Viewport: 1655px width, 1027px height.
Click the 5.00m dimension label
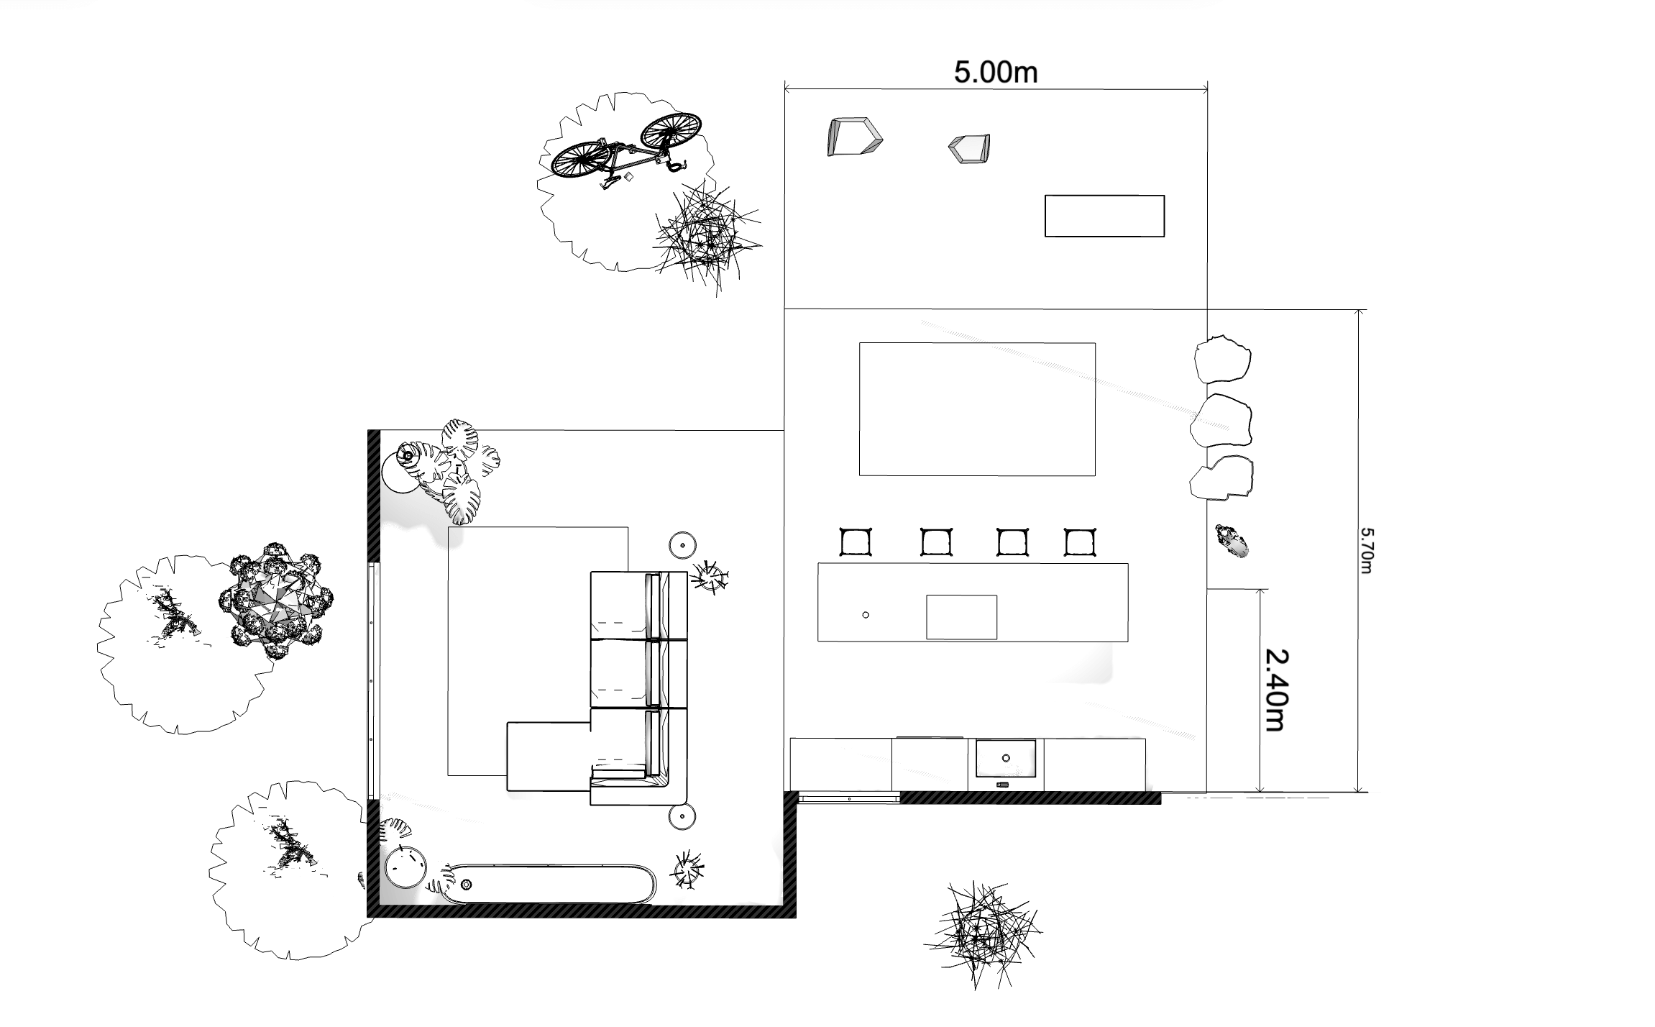996,73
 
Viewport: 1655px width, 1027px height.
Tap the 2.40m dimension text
1277,690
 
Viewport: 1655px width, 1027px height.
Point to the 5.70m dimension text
1367,551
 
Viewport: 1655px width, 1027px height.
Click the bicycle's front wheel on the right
671,132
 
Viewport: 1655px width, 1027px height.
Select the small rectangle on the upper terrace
1104,216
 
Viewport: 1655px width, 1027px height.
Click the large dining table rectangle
977,409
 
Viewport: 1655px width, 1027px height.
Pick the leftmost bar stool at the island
856,542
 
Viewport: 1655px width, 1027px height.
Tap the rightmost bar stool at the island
1080,542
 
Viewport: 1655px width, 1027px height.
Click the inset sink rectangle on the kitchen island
961,617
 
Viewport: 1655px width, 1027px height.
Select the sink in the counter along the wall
1006,758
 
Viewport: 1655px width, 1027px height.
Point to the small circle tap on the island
866,615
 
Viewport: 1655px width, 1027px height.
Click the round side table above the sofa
682,546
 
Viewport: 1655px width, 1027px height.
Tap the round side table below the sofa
682,818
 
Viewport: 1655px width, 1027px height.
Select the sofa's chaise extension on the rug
549,757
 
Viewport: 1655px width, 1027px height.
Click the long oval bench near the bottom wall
548,883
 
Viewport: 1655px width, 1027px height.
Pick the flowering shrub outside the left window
276,602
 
